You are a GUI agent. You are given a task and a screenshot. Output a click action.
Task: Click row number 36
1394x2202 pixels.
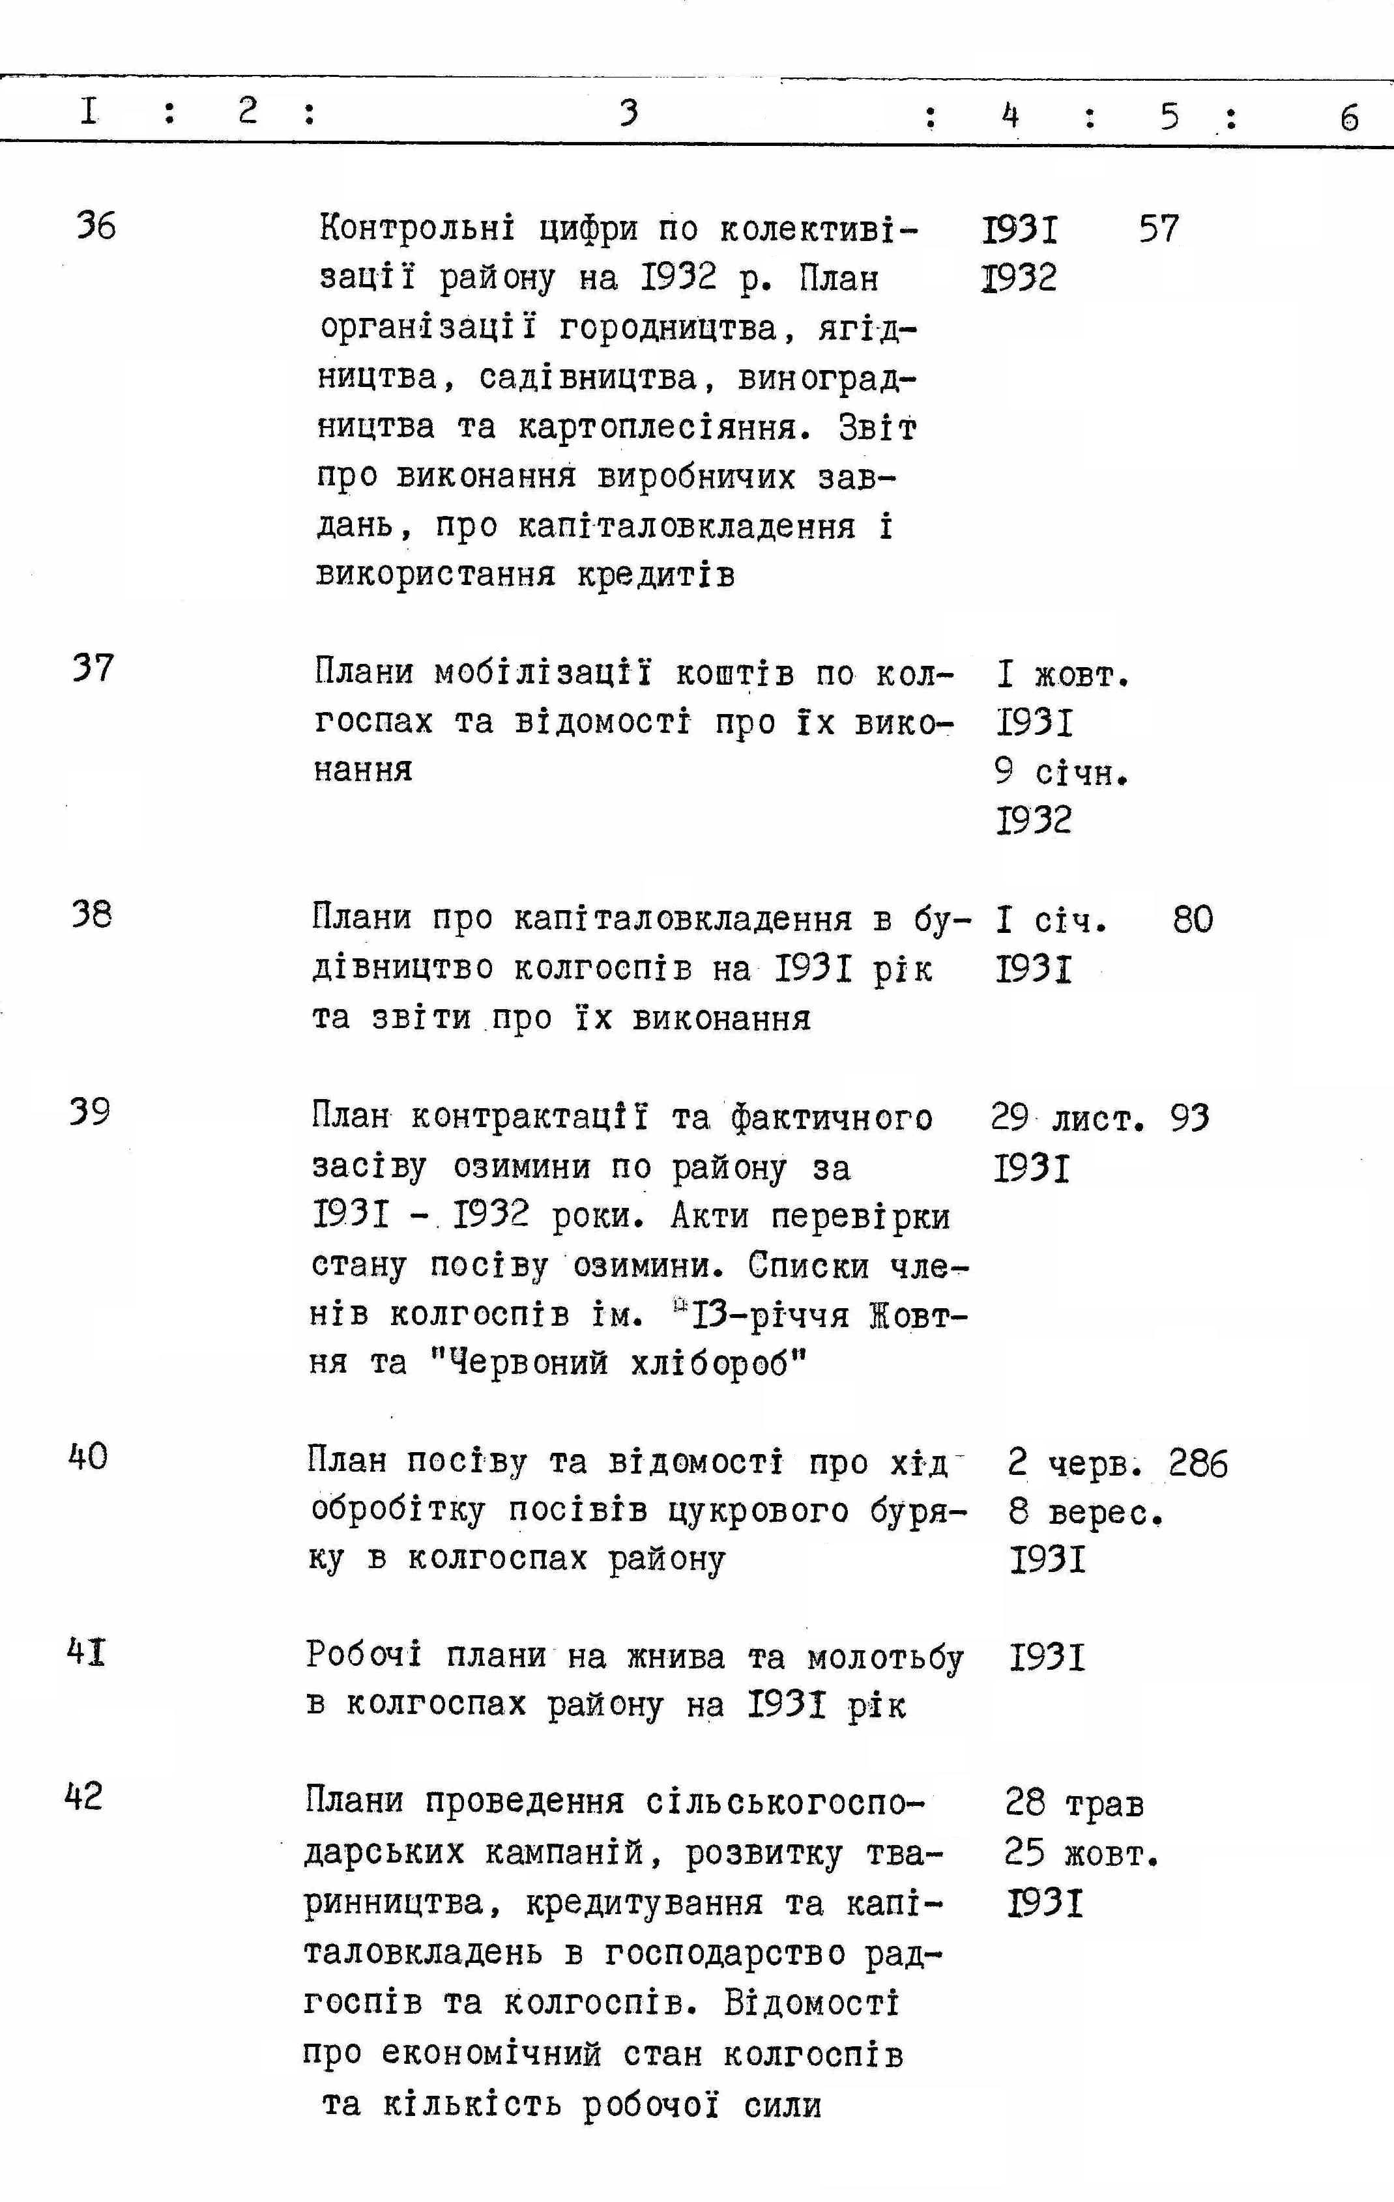click(96, 225)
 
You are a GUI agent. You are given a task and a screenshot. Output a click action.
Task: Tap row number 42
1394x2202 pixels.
click(83, 1797)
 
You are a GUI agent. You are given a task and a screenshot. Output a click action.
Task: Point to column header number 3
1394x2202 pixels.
click(628, 113)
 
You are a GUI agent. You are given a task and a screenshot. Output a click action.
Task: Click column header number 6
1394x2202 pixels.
click(1349, 118)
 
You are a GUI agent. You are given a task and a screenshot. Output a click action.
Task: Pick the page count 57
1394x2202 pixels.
click(1159, 228)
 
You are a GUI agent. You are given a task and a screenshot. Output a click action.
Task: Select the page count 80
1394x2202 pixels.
click(1193, 919)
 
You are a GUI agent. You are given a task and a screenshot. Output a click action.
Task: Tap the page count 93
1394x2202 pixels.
click(1189, 1117)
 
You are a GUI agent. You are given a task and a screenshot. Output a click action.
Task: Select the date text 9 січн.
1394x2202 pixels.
click(1061, 773)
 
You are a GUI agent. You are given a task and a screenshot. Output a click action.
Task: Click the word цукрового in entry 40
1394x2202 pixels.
click(759, 1511)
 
